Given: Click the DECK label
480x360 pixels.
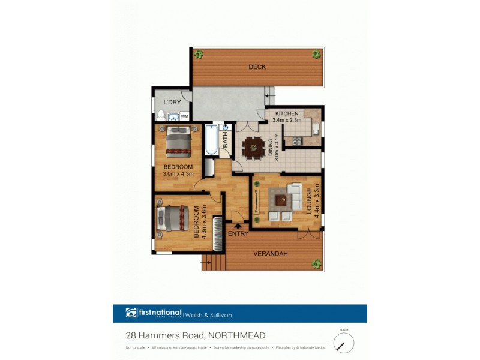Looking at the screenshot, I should coord(257,67).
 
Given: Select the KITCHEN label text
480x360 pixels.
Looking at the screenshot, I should coord(287,113).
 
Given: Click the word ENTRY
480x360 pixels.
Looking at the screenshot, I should coord(238,233).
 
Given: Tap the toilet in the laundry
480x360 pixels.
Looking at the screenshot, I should coord(161,115).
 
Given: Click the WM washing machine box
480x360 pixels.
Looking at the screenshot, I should coord(185,116).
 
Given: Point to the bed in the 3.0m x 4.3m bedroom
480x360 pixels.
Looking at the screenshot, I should coord(178,142).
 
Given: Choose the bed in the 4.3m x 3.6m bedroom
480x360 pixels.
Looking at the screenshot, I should coord(173,218).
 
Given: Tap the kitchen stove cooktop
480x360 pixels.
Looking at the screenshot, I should coord(296,142).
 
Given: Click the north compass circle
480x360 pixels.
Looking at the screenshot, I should coord(344,343).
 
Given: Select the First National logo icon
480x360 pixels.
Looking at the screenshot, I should coord(131,313).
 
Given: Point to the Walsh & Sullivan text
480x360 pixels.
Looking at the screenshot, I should coord(208,314).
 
